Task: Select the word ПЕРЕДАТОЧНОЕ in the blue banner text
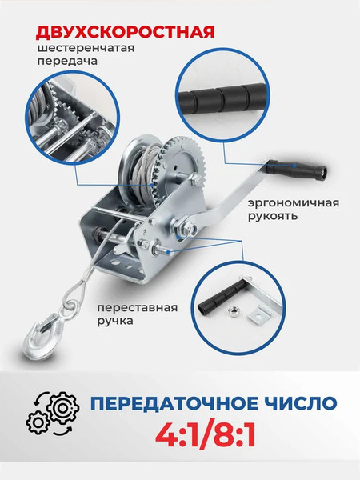coord(179,401)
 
